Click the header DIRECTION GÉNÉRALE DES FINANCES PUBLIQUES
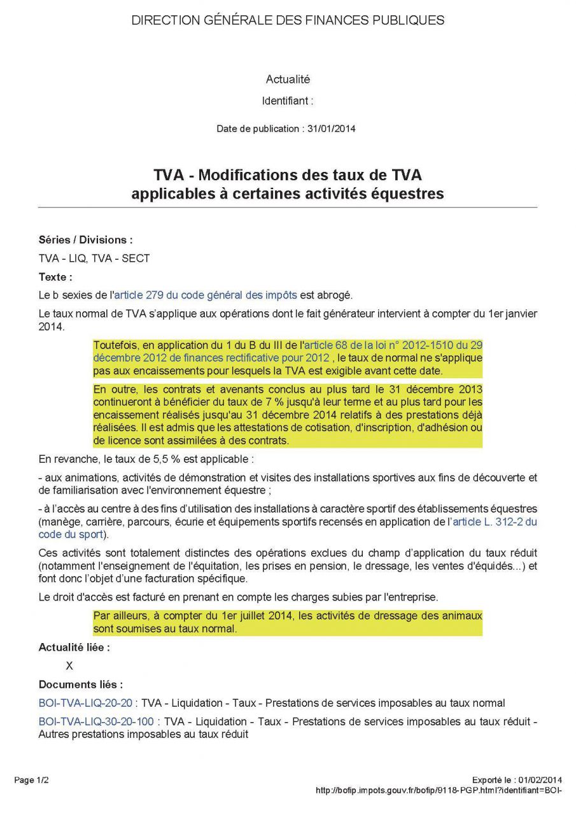click(x=288, y=20)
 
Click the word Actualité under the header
click(x=288, y=80)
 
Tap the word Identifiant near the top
click(x=284, y=101)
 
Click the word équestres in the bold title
click(x=408, y=194)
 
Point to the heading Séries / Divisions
click(x=85, y=240)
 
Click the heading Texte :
click(x=55, y=277)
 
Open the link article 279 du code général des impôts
click(x=206, y=295)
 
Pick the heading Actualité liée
click(x=74, y=647)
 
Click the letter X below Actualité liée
click(x=69, y=666)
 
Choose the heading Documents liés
click(x=81, y=684)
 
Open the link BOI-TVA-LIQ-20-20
click(x=85, y=703)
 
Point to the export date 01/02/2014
click(x=540, y=779)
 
